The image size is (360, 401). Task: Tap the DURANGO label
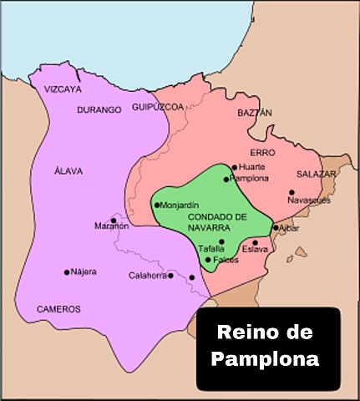click(99, 109)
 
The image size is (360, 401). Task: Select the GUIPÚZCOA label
click(156, 108)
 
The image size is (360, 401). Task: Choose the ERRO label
click(261, 154)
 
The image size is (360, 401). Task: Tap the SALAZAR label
click(316, 175)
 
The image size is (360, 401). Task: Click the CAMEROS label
click(58, 308)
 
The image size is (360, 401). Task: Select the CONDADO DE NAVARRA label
click(211, 221)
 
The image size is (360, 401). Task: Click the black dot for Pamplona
click(226, 179)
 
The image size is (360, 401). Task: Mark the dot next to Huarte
click(235, 167)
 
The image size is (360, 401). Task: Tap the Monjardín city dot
click(156, 205)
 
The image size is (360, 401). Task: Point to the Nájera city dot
click(66, 272)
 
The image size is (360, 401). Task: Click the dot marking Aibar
click(276, 227)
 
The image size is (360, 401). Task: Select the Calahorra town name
click(147, 276)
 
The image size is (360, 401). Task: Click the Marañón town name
click(112, 226)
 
